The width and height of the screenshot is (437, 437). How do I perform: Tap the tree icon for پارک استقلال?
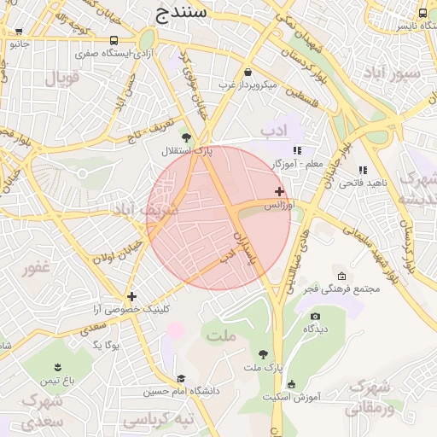point(185,137)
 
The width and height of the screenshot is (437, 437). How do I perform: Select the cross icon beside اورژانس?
point(279,191)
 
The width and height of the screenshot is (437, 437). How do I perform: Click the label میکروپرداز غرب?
point(247,84)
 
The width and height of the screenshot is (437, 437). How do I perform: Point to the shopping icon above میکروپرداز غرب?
point(248,72)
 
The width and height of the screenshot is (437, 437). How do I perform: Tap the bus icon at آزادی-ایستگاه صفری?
point(114,40)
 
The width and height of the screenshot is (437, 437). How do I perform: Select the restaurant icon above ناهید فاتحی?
point(363,170)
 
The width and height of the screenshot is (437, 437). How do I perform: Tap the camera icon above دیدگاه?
point(315,316)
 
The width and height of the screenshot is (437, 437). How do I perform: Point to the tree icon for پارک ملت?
point(263,354)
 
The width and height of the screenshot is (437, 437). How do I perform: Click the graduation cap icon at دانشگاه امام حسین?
point(180,379)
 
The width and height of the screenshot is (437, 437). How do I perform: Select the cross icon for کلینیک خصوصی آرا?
point(131,295)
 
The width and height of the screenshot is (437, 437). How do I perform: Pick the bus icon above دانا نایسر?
point(422,13)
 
